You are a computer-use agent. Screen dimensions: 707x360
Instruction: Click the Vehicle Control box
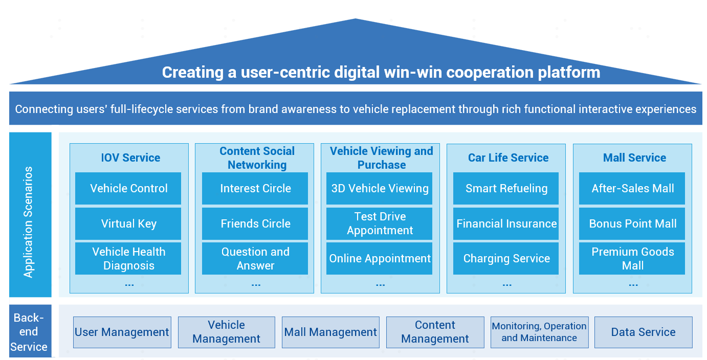click(x=128, y=188)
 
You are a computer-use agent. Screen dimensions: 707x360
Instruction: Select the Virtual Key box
click(x=128, y=223)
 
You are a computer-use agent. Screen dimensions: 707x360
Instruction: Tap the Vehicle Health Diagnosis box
click(x=128, y=258)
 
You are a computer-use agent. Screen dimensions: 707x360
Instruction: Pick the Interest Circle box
click(x=255, y=188)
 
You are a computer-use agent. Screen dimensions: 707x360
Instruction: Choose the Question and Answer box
click(x=255, y=258)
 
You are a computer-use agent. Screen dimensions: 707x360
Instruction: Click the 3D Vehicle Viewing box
click(x=380, y=188)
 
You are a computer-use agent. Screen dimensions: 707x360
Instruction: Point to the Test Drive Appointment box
click(x=380, y=223)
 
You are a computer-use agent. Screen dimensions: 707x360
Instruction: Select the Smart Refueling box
click(x=506, y=188)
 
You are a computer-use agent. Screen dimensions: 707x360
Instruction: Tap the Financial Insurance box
click(x=506, y=223)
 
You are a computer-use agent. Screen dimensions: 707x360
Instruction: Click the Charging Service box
click(x=506, y=258)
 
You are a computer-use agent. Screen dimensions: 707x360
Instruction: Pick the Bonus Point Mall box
click(x=632, y=223)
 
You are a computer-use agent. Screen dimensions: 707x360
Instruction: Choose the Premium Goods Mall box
click(x=632, y=258)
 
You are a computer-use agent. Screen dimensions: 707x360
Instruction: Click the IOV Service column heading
click(x=130, y=158)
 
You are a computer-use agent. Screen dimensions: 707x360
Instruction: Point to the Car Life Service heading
click(x=508, y=158)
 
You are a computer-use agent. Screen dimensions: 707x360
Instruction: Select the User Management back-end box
click(x=122, y=332)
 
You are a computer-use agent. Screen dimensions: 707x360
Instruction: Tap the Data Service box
click(x=644, y=332)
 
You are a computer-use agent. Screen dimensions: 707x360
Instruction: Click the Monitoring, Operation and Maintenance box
click(x=539, y=332)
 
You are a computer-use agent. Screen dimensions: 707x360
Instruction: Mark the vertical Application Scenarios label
click(x=29, y=222)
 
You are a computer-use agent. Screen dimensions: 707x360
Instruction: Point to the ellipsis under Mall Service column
click(x=633, y=285)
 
